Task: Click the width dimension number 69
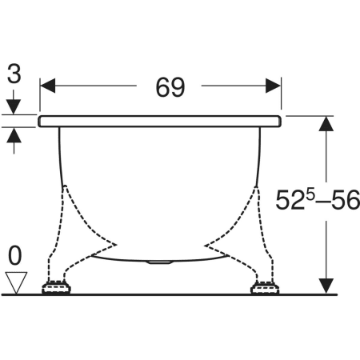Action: [170, 87]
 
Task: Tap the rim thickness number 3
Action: [14, 73]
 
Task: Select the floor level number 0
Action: [14, 256]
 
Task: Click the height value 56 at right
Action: [346, 200]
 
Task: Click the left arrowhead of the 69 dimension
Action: [48, 86]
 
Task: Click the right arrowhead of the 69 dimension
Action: [273, 86]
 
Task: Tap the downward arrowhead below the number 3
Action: [14, 106]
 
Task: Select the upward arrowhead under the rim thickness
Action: [14, 135]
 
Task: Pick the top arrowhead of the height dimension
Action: [326, 124]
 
